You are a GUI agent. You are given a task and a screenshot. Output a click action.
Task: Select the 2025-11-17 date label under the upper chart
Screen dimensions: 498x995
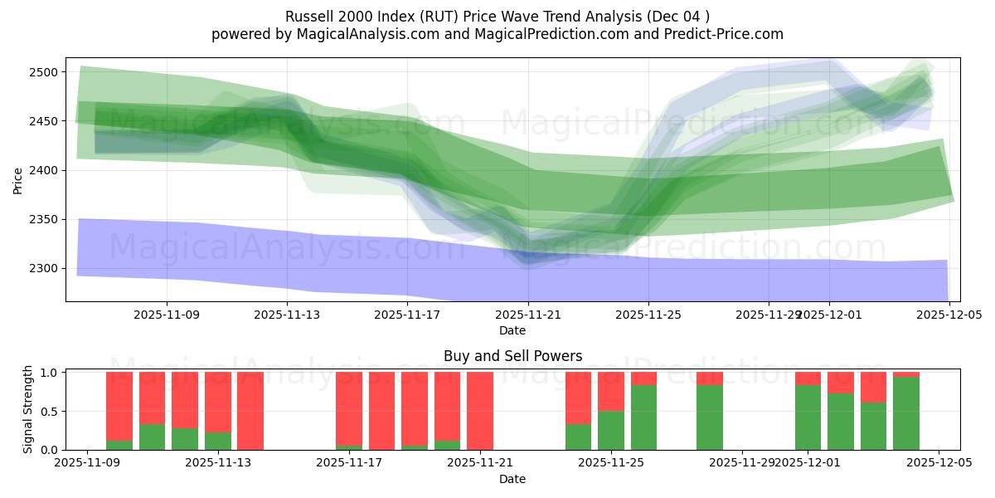(x=407, y=315)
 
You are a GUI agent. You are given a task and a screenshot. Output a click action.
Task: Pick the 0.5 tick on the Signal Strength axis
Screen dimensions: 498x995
(x=50, y=411)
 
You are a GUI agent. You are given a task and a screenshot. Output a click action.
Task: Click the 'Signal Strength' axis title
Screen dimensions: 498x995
(x=27, y=408)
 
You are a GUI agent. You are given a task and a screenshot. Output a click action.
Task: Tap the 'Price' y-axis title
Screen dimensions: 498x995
(x=17, y=179)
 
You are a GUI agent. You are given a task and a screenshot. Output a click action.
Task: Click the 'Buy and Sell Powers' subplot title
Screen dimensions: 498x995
(x=512, y=356)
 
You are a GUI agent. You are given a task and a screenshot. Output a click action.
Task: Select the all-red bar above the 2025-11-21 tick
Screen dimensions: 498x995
(x=480, y=411)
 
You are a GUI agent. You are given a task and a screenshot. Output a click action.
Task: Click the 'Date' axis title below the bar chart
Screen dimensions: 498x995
(x=512, y=479)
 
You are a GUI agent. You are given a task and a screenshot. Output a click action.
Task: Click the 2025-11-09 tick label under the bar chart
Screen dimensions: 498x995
(x=87, y=463)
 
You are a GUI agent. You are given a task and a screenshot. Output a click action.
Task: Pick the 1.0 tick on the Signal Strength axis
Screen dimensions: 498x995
(x=50, y=372)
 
